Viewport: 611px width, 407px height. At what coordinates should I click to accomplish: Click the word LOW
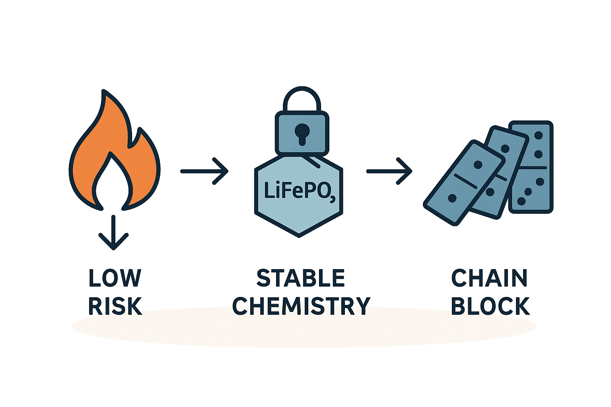115,278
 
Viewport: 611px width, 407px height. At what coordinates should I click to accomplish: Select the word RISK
115,306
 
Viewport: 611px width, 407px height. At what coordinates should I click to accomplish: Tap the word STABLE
301,278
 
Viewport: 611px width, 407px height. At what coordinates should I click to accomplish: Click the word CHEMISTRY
301,306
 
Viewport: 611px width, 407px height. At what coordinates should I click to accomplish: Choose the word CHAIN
489,278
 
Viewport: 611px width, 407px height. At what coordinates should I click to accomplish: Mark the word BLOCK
490,306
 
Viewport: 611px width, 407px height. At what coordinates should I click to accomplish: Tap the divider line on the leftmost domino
465,181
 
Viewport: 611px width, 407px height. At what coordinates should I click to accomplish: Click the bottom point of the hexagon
299,236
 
